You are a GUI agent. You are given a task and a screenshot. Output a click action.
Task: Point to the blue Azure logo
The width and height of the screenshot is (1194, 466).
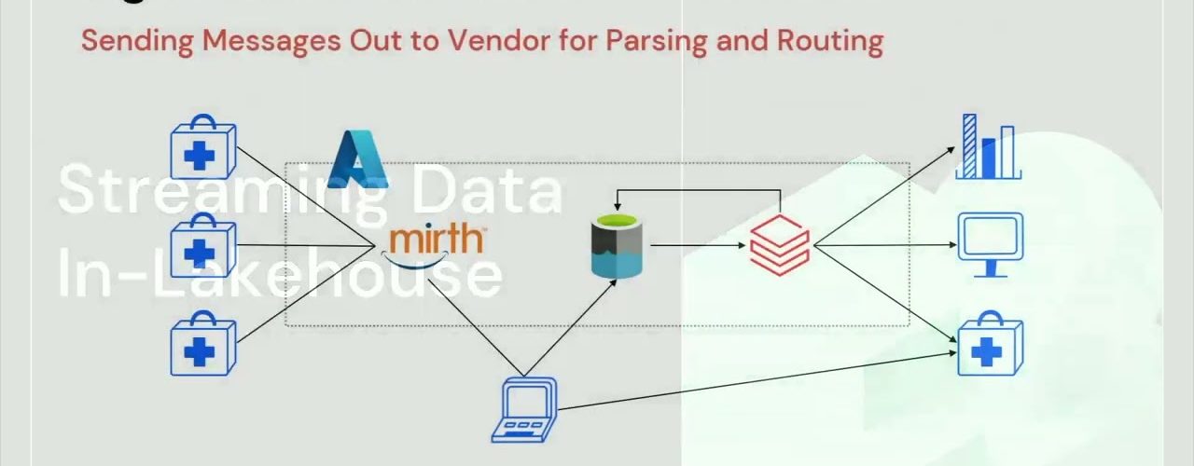358,158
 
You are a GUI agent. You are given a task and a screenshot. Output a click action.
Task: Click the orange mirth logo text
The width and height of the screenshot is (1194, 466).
436,239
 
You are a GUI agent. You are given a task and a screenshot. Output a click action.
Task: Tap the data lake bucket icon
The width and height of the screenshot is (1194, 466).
618,245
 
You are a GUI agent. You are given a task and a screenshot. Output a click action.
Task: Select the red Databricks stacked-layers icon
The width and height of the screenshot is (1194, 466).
780,244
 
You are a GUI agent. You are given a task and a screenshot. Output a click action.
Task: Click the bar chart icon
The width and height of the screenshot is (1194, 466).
989,146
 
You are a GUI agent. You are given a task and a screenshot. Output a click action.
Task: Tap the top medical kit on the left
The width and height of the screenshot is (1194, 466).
202,148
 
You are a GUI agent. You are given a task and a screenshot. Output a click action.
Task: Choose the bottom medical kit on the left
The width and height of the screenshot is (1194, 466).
202,344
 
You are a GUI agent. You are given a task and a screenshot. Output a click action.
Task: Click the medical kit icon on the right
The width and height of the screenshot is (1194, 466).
990,345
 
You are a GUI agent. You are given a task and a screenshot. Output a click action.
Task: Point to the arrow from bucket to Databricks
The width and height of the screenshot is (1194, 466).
700,245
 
